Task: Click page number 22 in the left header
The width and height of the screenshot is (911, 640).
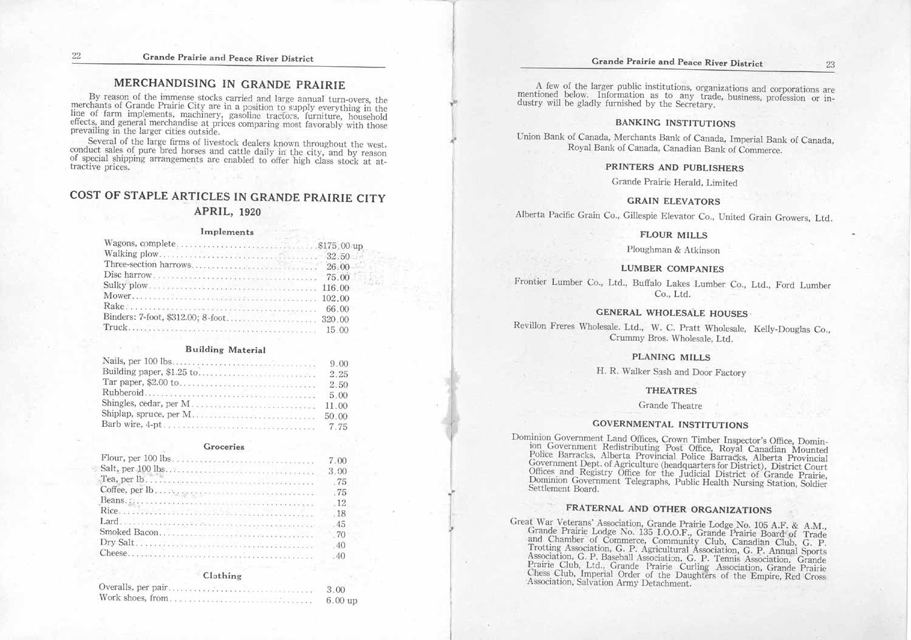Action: coord(77,56)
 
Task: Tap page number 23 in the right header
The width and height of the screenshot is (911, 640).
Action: coord(830,64)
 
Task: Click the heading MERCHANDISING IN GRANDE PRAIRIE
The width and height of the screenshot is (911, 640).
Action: coord(230,84)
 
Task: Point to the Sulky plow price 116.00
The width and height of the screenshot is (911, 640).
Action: coord(336,288)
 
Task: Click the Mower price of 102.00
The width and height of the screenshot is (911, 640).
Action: coord(336,298)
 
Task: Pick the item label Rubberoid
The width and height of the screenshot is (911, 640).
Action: coord(123,393)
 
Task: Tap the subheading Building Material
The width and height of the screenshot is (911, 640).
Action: coord(225,350)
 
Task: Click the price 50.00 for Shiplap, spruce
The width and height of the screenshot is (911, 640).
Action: coord(336,417)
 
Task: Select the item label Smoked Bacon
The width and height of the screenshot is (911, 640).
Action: coord(129,533)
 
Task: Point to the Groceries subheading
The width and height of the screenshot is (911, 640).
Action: coord(224,447)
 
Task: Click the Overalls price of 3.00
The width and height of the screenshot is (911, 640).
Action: coord(336,590)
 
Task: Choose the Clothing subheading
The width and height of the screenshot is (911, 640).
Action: coord(222,576)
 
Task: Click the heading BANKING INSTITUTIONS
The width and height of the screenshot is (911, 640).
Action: coord(675,123)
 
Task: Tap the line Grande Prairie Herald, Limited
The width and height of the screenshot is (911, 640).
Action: coord(674,182)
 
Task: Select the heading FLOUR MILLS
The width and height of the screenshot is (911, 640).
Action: coord(674,235)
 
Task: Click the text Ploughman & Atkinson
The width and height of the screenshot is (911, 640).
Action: coord(673,250)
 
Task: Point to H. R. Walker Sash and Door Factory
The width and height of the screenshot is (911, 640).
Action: coord(671,372)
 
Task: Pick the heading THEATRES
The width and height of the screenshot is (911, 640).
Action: coord(671,391)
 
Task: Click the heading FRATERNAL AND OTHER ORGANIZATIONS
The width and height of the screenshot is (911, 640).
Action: coord(669,509)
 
